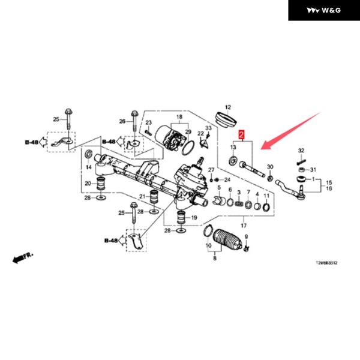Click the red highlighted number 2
pos(241,136)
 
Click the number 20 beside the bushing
pos(87,184)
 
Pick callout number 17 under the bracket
pos(243,225)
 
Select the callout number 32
pos(301,149)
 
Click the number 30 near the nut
pos(270,167)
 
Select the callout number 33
pos(208,129)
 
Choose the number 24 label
pos(227,180)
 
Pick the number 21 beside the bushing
pos(143,198)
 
